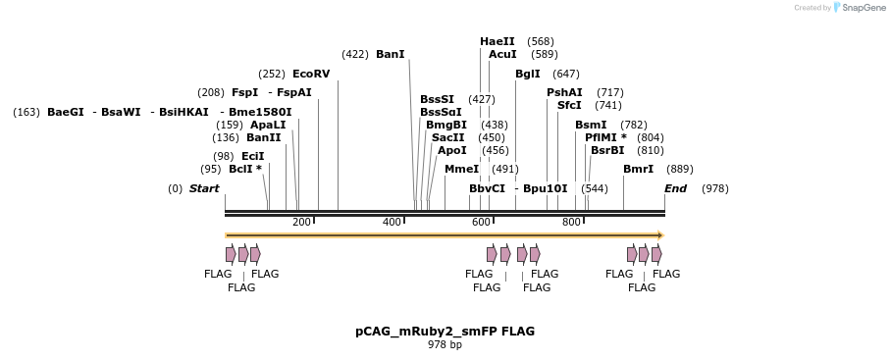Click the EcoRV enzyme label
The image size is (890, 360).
[311, 74]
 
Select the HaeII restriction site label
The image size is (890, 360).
[497, 41]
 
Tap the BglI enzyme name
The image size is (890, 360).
[528, 74]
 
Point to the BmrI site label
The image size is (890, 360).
[638, 169]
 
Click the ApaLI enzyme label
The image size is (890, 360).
[267, 125]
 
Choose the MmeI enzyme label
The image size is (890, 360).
[461, 169]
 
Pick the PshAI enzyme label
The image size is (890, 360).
[564, 92]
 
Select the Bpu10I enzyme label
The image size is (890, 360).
[545, 187]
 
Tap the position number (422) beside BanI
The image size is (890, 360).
[355, 54]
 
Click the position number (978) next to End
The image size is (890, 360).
[714, 187]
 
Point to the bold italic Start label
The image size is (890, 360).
[204, 187]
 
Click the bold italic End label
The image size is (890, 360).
[675, 187]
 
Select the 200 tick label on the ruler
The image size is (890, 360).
[301, 223]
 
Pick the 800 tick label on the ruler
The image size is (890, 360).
[571, 223]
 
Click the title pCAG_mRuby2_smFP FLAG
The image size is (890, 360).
[445, 332]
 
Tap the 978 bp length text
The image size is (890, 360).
[445, 345]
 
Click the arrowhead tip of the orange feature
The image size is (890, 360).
[661, 235]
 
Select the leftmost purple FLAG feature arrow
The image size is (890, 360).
[231, 254]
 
